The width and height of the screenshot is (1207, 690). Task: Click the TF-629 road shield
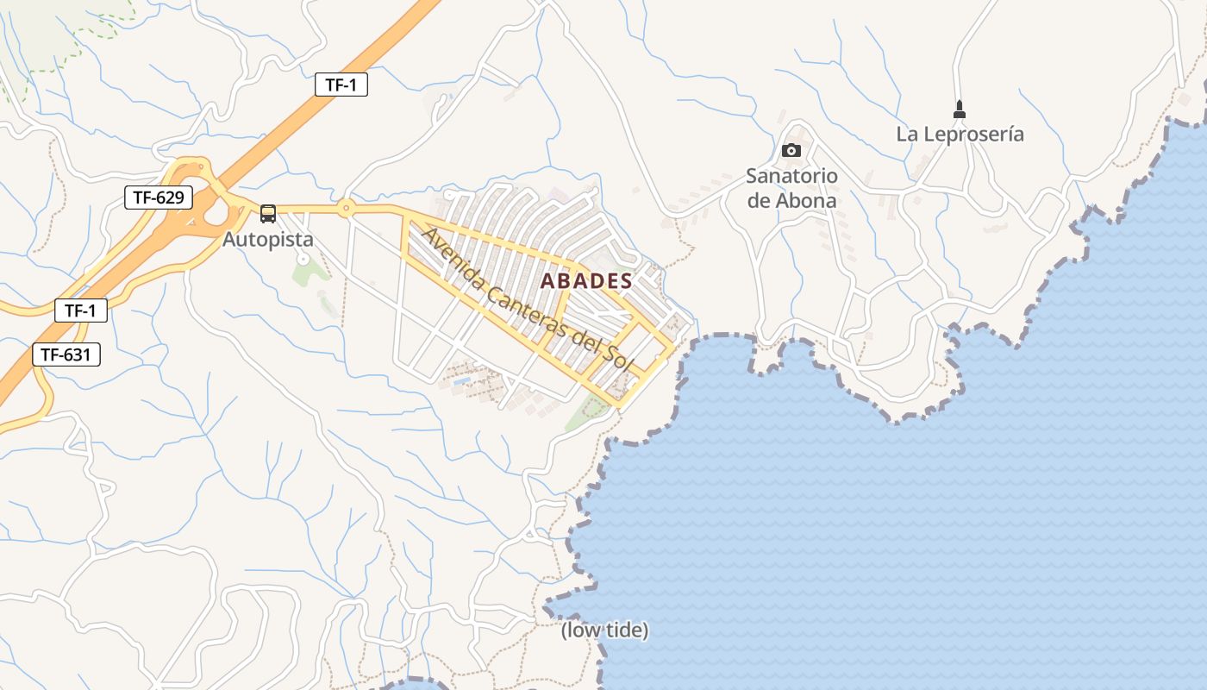(x=159, y=198)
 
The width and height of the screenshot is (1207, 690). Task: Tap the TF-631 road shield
(x=66, y=354)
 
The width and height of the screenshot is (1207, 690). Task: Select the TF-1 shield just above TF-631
(x=81, y=310)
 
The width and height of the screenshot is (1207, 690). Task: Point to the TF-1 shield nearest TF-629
(x=341, y=85)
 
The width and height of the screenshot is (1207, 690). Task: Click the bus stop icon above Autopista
(x=268, y=213)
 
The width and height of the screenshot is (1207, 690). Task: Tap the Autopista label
(x=268, y=239)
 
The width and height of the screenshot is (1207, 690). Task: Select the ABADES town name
(x=586, y=281)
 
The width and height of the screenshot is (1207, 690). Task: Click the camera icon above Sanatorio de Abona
(x=791, y=151)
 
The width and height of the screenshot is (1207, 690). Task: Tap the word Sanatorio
(x=791, y=176)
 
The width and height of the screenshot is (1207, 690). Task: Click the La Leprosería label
(x=960, y=135)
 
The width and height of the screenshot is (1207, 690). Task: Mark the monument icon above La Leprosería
(x=960, y=110)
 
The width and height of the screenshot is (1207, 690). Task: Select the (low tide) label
(x=604, y=630)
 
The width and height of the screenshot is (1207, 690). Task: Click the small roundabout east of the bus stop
(x=346, y=208)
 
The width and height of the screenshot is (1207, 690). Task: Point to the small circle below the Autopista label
(x=303, y=258)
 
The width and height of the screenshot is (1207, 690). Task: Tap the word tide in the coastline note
(x=624, y=630)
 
